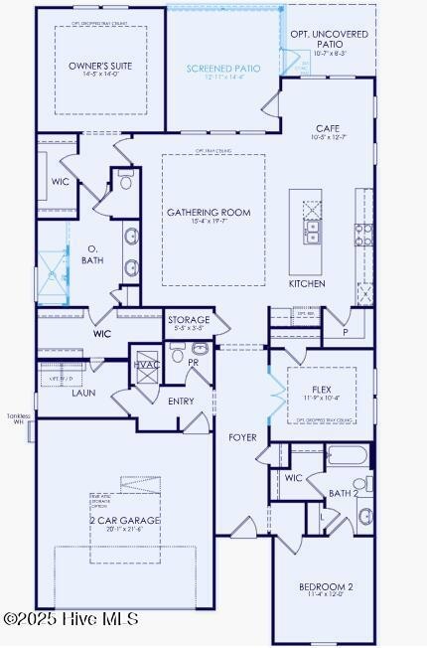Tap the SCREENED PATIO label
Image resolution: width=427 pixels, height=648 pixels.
point(223,69)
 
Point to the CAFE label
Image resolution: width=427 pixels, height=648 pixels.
point(328,128)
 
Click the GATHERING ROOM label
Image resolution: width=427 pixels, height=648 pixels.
point(209,213)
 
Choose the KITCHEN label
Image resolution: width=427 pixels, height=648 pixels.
point(307,283)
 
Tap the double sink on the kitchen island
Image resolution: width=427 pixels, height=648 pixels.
point(313,233)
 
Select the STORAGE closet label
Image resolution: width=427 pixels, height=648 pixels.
point(189,320)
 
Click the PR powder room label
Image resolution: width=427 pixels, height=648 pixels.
point(194,364)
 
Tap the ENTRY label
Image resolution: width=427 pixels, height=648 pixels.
point(182,402)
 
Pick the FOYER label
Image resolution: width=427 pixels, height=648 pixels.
point(242,437)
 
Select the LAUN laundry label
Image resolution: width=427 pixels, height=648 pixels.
point(83,393)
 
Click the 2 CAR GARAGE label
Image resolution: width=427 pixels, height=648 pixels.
point(124,520)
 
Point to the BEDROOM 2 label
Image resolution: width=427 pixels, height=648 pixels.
point(327,586)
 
